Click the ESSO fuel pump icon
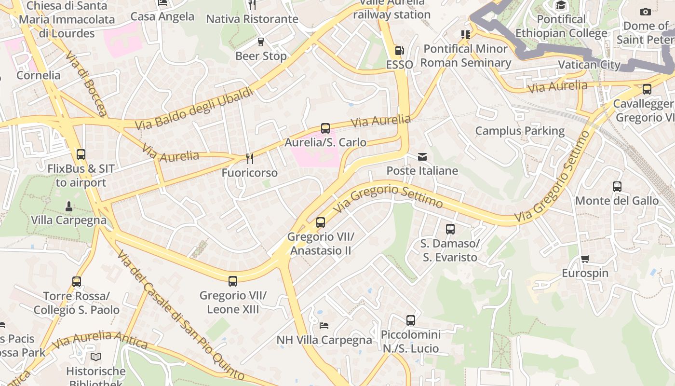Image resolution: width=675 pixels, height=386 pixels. tap(399, 50)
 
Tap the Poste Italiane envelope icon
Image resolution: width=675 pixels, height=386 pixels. tap(422, 156)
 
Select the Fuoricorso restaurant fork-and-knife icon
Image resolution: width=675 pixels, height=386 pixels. tap(250, 159)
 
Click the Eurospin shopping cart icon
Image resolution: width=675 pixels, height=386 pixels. tap(585, 259)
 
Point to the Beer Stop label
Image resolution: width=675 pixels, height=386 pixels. tap(261, 56)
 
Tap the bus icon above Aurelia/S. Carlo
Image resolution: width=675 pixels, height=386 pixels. tap(325, 128)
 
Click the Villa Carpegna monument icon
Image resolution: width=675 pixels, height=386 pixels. tap(69, 206)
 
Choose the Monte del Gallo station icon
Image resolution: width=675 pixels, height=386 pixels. tap(617, 187)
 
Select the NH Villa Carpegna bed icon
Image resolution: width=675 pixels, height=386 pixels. tap(324, 326)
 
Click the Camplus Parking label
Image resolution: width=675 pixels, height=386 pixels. tap(520, 131)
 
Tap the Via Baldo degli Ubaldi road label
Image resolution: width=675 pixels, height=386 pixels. tap(194, 109)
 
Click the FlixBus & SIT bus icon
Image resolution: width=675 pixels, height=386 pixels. tap(81, 154)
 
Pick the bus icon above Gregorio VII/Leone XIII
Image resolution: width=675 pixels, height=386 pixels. tap(233, 281)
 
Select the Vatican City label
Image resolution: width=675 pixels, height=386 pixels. tap(589, 65)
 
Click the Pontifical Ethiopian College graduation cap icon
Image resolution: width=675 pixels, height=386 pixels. tap(561, 5)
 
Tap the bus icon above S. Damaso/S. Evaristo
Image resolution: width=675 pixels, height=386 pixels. tap(450, 229)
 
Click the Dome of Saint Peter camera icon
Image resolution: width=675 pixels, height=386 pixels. tap(645, 12)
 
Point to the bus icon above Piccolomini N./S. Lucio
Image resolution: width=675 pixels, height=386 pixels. tap(411, 320)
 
